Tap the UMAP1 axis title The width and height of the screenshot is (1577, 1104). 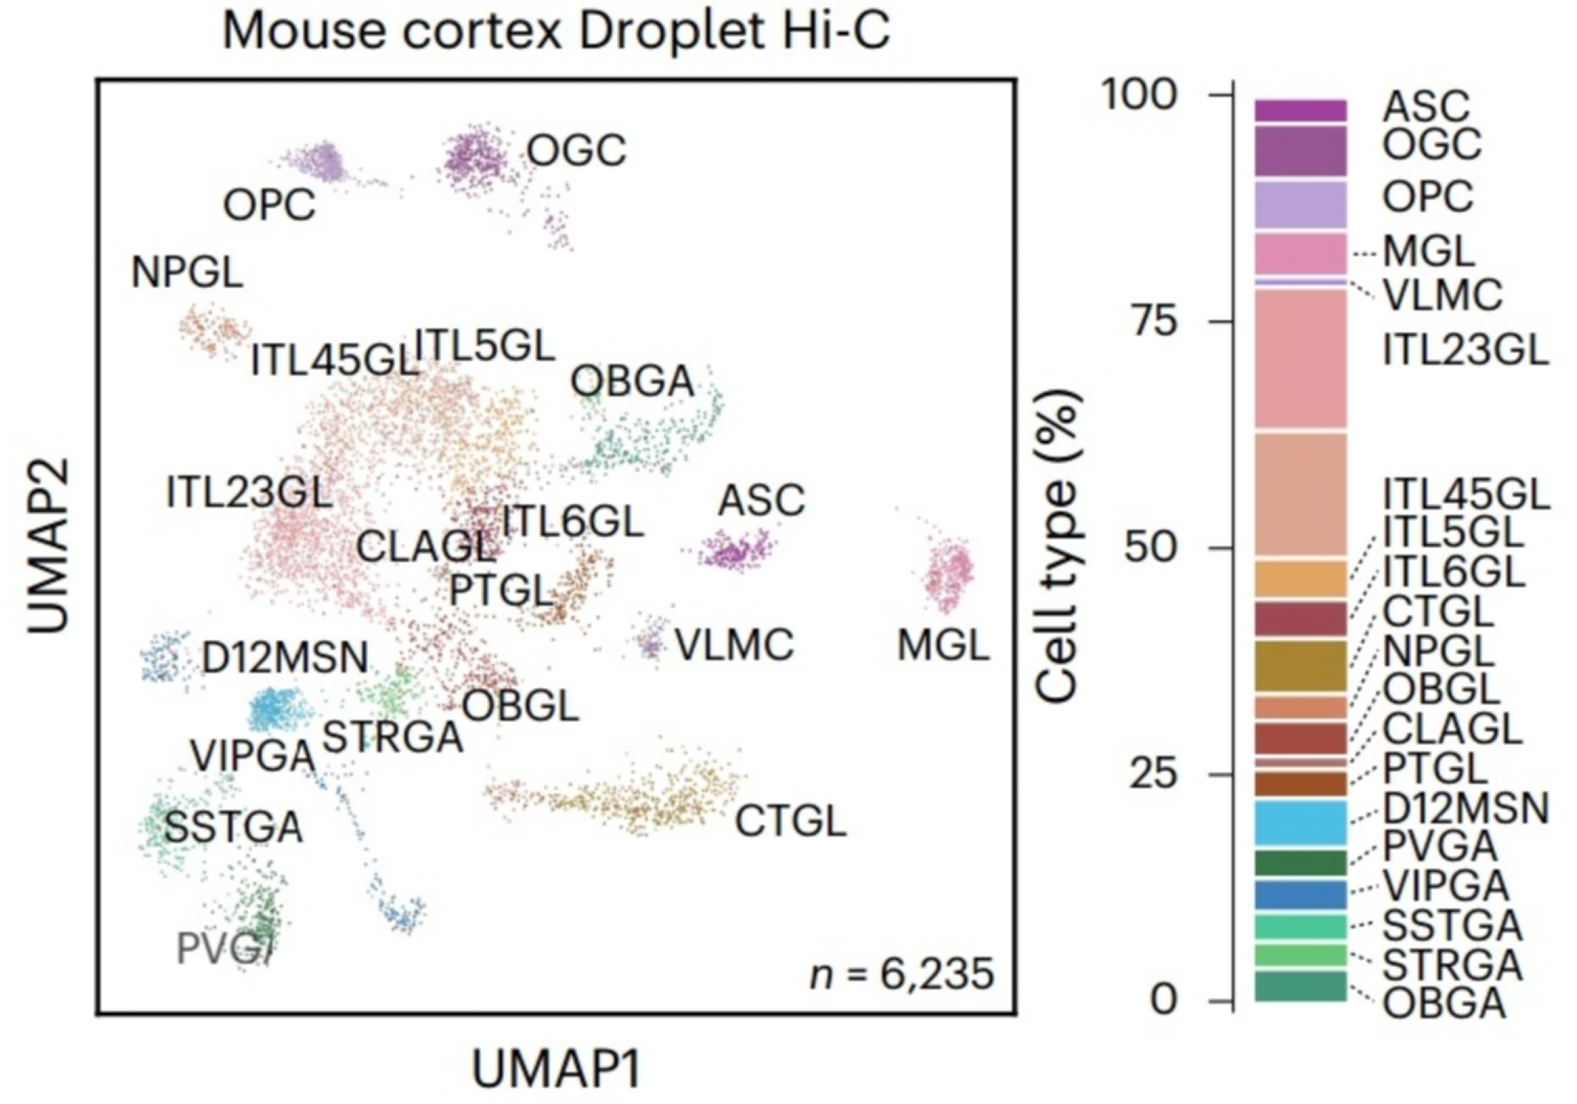[x=556, y=1069]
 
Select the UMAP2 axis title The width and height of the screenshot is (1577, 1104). [x=49, y=546]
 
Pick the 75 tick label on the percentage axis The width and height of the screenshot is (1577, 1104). [x=1152, y=321]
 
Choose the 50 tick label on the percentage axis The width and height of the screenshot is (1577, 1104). [x=1152, y=548]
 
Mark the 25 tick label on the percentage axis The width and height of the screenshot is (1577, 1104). [x=1152, y=774]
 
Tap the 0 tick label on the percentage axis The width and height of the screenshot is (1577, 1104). [x=1164, y=1000]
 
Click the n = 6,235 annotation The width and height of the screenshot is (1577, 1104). [x=902, y=974]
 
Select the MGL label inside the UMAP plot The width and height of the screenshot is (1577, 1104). [x=943, y=645]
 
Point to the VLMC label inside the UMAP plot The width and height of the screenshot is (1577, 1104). [x=735, y=645]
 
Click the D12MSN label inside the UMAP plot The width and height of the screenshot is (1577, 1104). [x=285, y=657]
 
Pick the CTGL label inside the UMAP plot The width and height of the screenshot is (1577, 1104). [x=791, y=821]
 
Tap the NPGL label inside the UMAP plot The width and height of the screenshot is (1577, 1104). [x=187, y=272]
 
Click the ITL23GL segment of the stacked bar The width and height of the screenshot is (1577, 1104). [x=1300, y=358]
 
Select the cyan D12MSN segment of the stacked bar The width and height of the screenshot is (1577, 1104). [x=1300, y=822]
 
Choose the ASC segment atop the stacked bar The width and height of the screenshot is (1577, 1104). [x=1300, y=111]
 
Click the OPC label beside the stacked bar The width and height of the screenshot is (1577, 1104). [x=1427, y=197]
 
